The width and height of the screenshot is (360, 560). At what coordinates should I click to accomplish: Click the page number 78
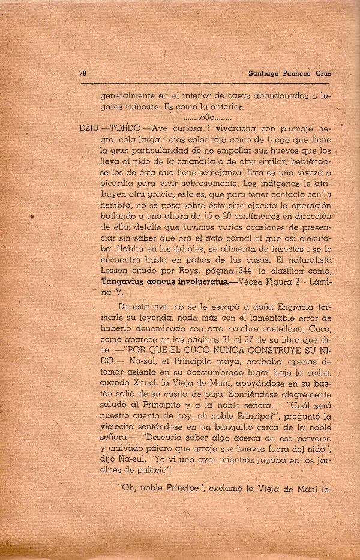tap(82, 73)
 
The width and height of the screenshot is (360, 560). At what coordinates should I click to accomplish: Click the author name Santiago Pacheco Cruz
tap(281, 73)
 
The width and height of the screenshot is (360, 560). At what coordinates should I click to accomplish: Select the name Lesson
tap(115, 267)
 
